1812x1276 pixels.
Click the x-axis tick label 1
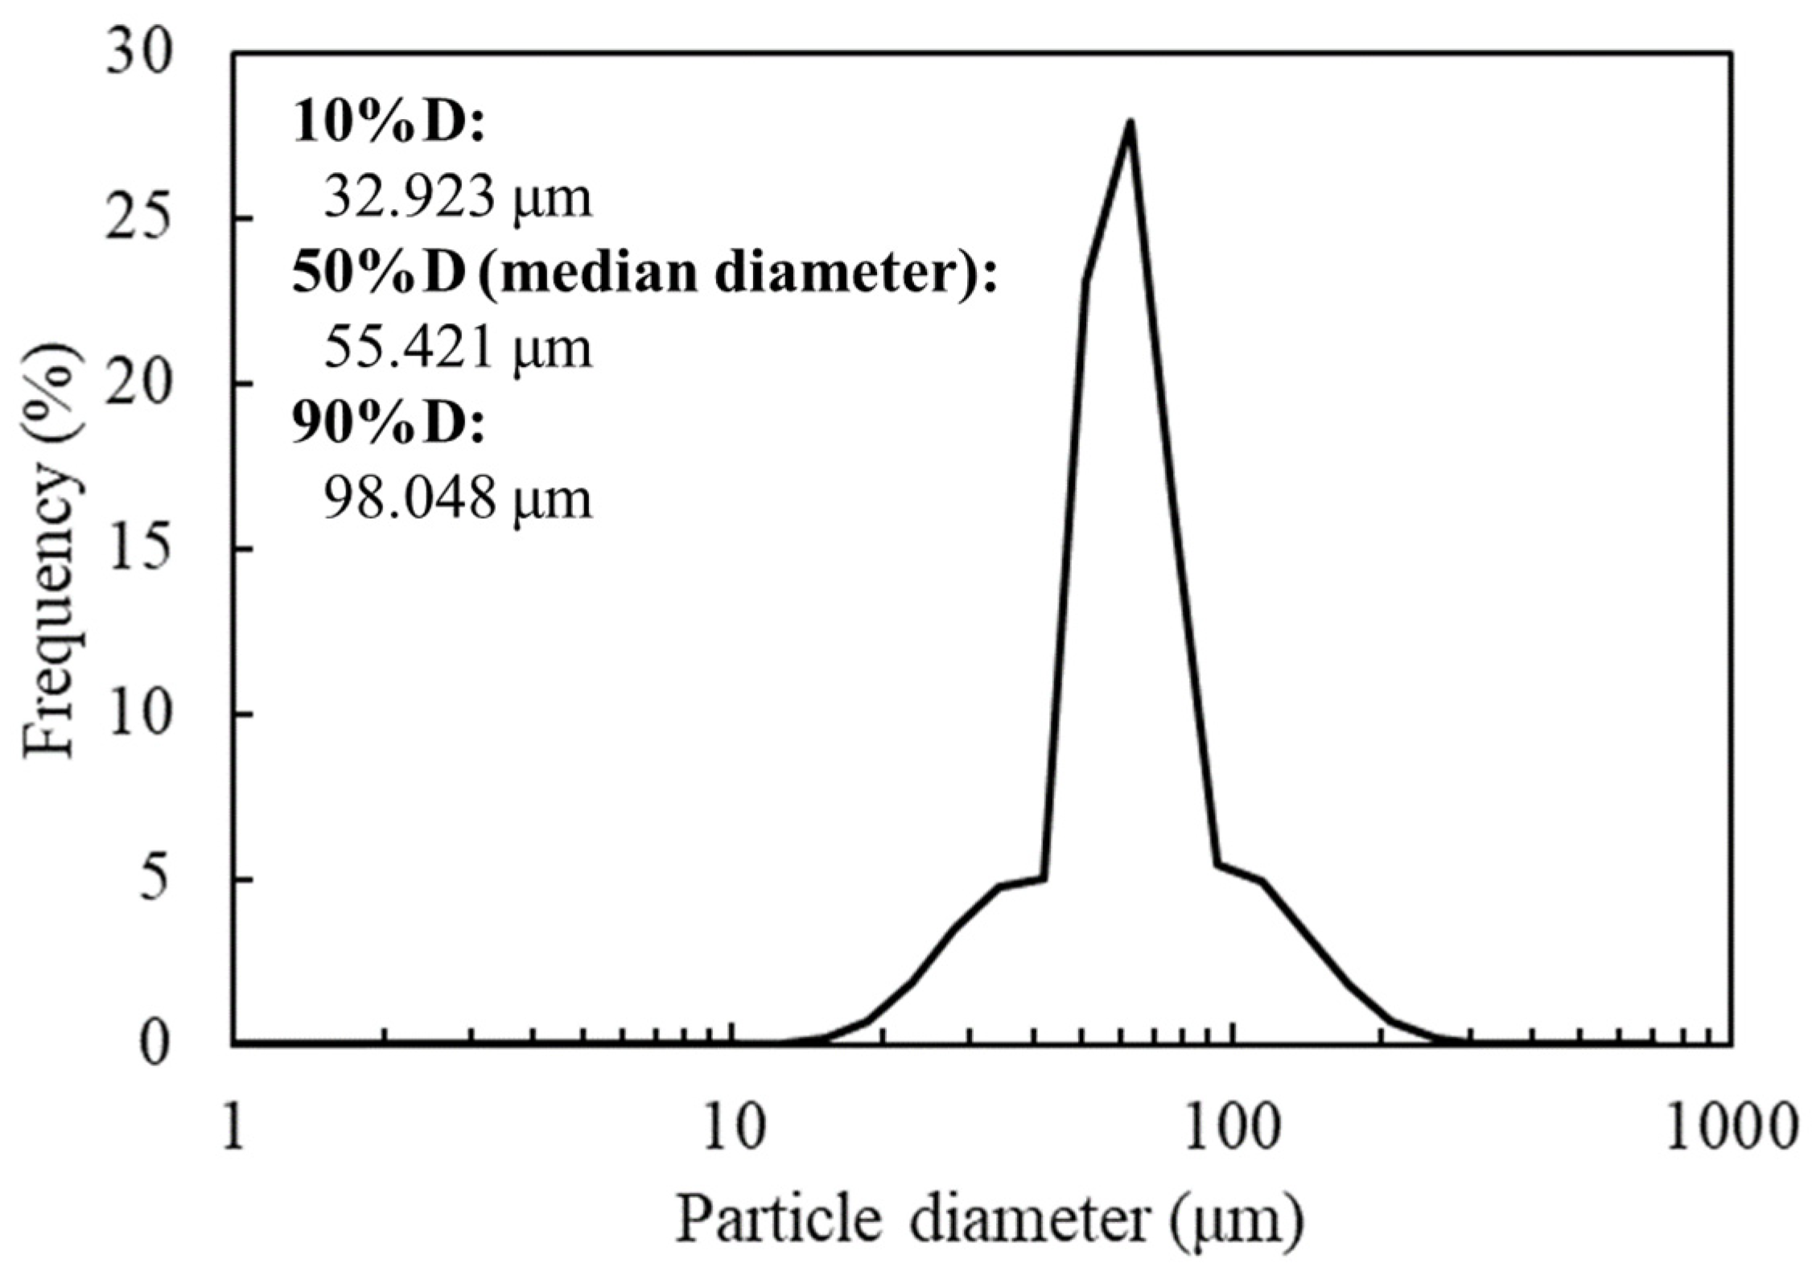tap(233, 1128)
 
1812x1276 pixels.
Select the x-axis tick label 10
tap(732, 1128)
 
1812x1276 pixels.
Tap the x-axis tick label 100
tap(1231, 1128)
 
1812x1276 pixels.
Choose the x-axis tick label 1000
tap(1730, 1128)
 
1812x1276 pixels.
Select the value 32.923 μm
tap(457, 198)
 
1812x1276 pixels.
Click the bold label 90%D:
tap(389, 424)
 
